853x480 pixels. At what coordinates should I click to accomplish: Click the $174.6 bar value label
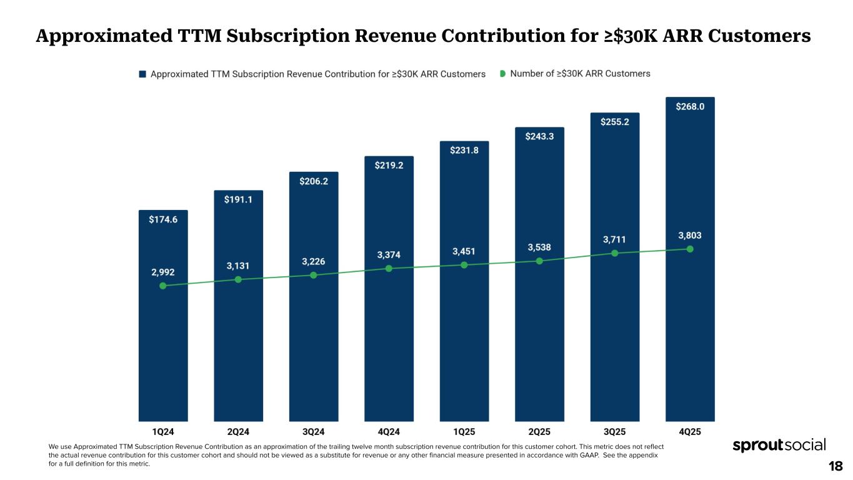pyautogui.click(x=163, y=219)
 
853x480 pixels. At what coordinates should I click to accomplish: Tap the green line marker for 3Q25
pyautogui.click(x=614, y=253)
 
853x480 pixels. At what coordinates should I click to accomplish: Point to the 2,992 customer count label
pyautogui.click(x=163, y=272)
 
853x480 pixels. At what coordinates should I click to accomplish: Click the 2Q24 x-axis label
pyautogui.click(x=238, y=431)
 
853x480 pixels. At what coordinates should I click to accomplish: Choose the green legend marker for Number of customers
pyautogui.click(x=502, y=74)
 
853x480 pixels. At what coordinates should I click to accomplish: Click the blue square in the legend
pyautogui.click(x=142, y=74)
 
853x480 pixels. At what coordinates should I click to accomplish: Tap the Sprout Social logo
pyautogui.click(x=779, y=445)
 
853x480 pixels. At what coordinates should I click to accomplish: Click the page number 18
pyautogui.click(x=836, y=466)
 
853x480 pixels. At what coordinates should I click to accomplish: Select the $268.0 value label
pyautogui.click(x=690, y=107)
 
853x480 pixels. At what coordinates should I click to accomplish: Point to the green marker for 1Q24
pyautogui.click(x=163, y=286)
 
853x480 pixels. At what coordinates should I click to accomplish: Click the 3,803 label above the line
pyautogui.click(x=690, y=236)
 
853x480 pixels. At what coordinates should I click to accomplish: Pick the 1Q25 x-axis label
pyautogui.click(x=464, y=431)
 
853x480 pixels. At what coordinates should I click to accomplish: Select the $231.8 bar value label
pyautogui.click(x=464, y=150)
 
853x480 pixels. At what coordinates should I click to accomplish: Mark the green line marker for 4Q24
pyautogui.click(x=389, y=268)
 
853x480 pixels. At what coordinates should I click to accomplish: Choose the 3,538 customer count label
pyautogui.click(x=539, y=247)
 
